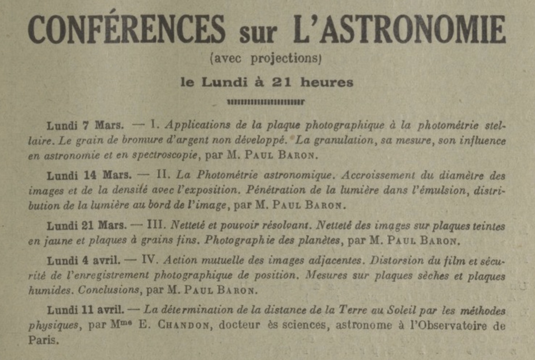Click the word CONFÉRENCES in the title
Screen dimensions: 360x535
(127, 29)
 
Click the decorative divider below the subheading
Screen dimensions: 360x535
(266, 102)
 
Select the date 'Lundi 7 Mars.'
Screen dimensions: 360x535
(85, 126)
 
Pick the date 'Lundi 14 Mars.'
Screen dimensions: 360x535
(89, 175)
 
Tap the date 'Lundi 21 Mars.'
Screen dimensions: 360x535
(87, 225)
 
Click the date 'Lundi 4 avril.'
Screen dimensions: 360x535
(83, 260)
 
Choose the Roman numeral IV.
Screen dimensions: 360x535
(149, 260)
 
